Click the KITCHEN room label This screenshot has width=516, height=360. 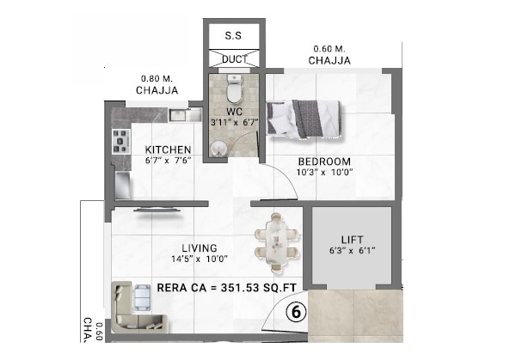click(x=167, y=149)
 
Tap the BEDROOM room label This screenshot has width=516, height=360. click(x=324, y=162)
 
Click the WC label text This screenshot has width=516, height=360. click(x=233, y=111)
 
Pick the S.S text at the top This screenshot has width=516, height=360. click(x=233, y=36)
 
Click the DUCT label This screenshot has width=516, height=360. click(x=234, y=59)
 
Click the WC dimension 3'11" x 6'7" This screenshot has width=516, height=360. click(x=233, y=123)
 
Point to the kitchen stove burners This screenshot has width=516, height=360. click(x=119, y=139)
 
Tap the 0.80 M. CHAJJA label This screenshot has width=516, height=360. click(x=157, y=83)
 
